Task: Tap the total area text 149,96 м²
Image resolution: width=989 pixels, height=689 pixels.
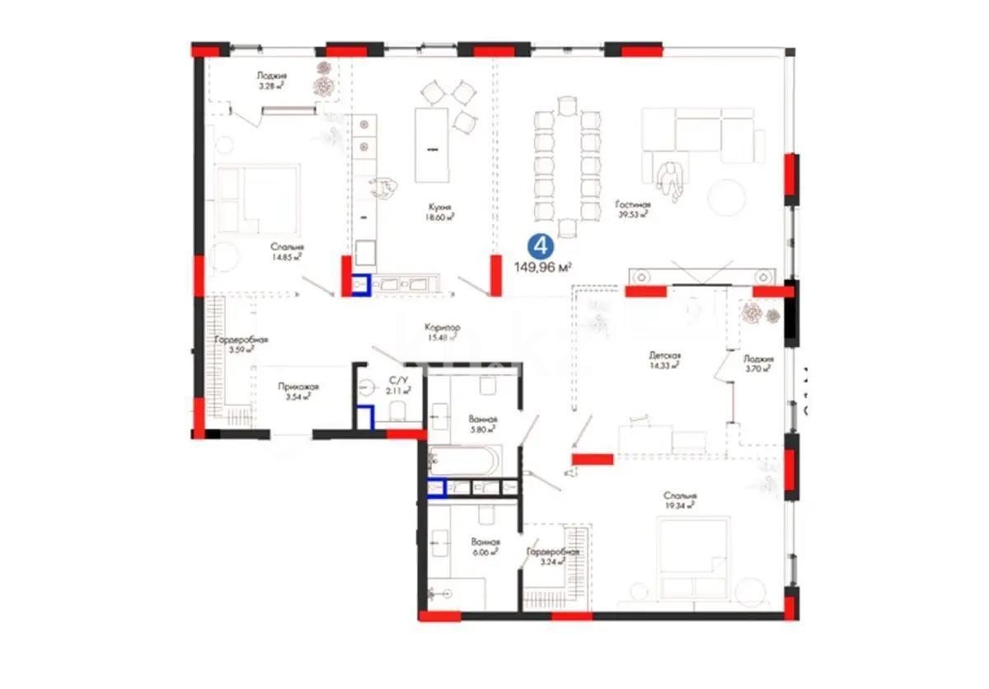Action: (543, 266)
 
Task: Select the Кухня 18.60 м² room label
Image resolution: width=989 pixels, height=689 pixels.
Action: (439, 212)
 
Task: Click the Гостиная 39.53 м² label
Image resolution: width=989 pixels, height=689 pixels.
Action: (632, 209)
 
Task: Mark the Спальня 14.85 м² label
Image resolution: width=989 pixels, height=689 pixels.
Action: (288, 251)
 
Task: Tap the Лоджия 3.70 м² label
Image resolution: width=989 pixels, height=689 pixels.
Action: (757, 363)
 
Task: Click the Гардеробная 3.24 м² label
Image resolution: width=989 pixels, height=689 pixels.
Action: (553, 557)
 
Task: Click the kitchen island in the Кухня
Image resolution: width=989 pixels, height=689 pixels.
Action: (432, 146)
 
